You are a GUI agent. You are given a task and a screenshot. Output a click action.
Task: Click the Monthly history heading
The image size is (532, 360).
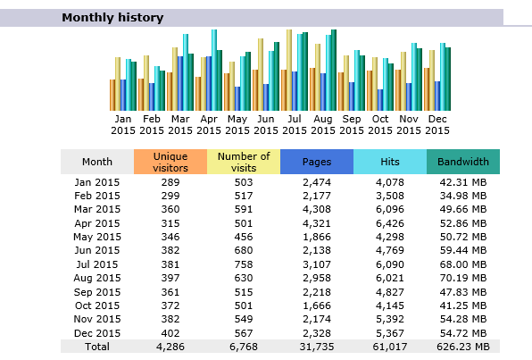point(112,17)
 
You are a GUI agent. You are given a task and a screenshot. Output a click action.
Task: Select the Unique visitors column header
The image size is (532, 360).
point(170,162)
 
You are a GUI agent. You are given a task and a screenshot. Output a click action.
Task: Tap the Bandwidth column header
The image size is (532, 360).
point(463,162)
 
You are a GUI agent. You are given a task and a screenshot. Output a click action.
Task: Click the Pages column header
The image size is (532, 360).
point(317,162)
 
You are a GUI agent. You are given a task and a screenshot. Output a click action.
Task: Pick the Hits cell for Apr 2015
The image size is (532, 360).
point(390,223)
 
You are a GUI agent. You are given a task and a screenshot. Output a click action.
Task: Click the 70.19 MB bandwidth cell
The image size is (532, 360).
point(463,278)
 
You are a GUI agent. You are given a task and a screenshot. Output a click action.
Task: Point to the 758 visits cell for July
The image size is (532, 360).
point(244,264)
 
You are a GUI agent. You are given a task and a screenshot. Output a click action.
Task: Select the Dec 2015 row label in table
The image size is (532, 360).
point(97,333)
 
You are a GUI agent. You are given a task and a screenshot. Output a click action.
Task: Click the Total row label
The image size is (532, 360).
point(97,347)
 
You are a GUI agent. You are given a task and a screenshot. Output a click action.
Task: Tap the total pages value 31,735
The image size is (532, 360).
point(317,347)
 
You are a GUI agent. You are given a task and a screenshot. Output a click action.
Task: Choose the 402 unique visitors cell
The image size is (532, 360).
point(170,333)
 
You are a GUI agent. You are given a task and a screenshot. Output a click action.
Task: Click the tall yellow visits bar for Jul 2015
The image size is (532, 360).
point(289,70)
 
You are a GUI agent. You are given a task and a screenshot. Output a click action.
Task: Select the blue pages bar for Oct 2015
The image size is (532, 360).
point(380,100)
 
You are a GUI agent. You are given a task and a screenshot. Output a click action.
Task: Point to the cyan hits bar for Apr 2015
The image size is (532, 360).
point(214,70)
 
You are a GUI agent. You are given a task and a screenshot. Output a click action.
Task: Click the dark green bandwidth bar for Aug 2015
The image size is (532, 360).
point(334,70)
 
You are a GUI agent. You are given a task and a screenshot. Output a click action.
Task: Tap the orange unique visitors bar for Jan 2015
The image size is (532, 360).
point(112,95)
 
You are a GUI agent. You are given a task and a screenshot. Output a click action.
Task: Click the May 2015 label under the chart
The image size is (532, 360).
point(237,125)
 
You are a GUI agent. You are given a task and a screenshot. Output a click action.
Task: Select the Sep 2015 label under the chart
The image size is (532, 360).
point(352,125)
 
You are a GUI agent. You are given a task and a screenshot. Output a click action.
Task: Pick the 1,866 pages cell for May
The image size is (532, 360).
point(317,237)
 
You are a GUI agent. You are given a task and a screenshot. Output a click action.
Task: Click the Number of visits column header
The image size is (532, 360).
point(244,162)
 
